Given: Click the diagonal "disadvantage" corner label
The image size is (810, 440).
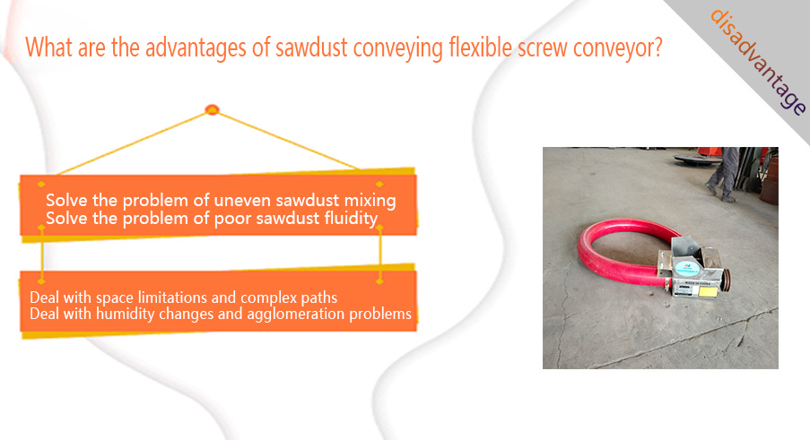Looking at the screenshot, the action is [x=757, y=61].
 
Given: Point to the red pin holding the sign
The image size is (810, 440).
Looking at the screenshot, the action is [x=212, y=109].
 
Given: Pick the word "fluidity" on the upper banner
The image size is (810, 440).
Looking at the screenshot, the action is [x=351, y=218].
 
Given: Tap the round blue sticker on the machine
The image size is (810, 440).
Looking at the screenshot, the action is [x=686, y=268].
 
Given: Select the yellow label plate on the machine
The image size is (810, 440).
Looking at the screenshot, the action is [x=708, y=292].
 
